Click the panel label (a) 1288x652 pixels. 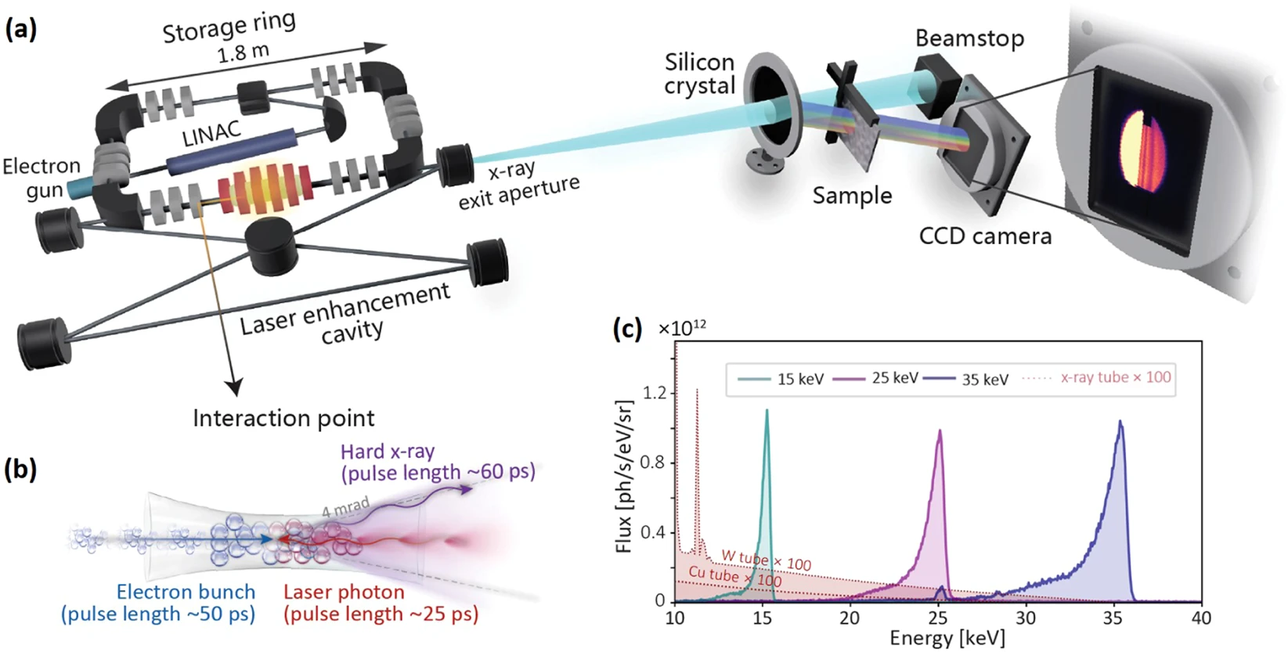click(x=21, y=29)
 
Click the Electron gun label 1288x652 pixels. click(x=41, y=178)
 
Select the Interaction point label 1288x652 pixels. click(x=283, y=418)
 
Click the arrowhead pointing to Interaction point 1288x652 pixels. click(x=233, y=386)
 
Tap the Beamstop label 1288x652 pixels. click(x=969, y=38)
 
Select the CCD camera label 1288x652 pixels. click(x=985, y=236)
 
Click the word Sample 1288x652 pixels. click(x=852, y=195)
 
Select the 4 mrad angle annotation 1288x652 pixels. click(x=345, y=506)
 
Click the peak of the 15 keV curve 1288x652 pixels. click(x=767, y=411)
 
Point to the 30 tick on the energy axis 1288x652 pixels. click(x=1025, y=618)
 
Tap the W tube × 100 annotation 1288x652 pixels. click(x=765, y=560)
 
